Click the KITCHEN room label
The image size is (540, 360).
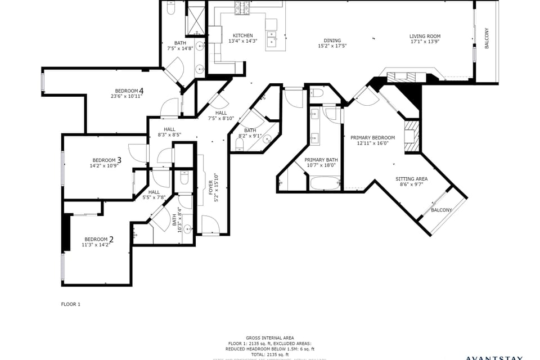pos(243,35)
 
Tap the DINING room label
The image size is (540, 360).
pos(332,40)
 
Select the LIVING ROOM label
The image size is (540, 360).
pos(425,37)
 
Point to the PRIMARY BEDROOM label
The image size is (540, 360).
pos(372,138)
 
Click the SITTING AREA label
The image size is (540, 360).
pos(411,179)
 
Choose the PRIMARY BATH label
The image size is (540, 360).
pos(320,160)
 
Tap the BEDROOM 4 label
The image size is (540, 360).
pos(129,91)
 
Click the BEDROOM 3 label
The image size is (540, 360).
pos(106,160)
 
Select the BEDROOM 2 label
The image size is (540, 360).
pos(98,240)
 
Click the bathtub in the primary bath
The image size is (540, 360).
pos(325,183)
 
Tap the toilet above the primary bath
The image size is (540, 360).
pos(317,93)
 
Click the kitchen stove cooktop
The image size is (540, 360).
pos(242,7)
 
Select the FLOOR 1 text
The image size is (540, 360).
pos(71,304)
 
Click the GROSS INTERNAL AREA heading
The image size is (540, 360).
pos(269,338)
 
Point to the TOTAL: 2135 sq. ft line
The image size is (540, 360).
pos(269,354)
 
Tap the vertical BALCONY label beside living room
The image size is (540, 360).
pos(487,38)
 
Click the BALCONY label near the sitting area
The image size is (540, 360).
pos(441,210)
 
